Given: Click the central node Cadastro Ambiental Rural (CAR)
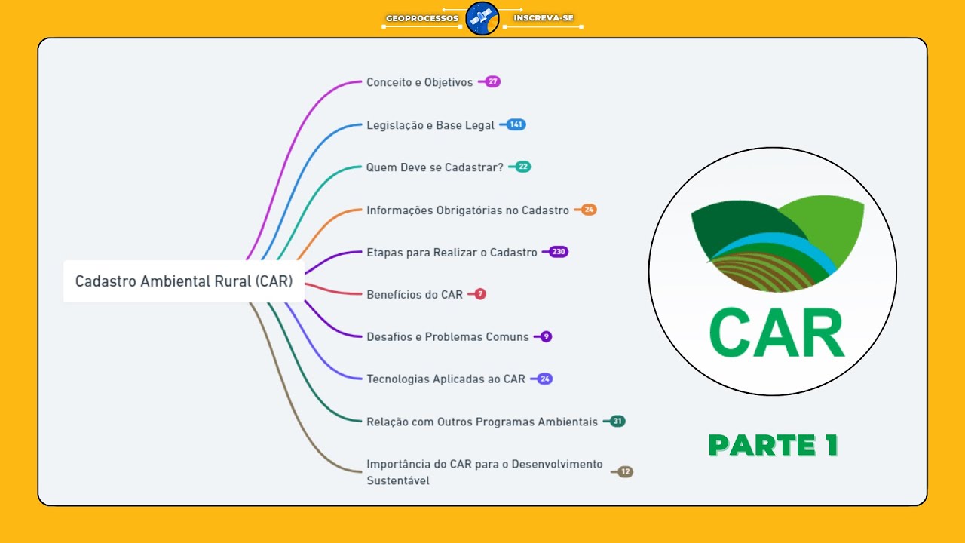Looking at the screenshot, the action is click(184, 281).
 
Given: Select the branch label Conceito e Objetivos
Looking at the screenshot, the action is click(420, 82).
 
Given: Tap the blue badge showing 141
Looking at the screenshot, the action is click(516, 124).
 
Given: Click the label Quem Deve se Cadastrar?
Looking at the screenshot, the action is click(435, 167).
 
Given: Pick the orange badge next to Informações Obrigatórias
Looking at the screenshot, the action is click(589, 210).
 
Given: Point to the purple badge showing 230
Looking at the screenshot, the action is click(559, 252).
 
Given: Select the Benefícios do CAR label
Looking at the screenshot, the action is click(415, 294).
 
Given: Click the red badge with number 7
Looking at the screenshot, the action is click(480, 294).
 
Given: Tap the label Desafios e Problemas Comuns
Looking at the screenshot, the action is click(448, 336).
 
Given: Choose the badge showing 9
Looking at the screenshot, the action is click(546, 336).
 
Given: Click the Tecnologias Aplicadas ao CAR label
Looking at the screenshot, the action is click(446, 379).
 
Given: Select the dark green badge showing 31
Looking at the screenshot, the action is click(617, 421).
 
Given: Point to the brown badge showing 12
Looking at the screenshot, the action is click(625, 471).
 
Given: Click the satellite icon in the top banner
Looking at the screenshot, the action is click(482, 18).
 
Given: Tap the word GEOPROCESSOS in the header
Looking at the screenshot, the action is click(422, 18).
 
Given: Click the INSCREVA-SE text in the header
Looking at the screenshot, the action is click(544, 17).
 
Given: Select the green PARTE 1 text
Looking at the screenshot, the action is click(774, 445).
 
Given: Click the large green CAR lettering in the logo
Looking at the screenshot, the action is click(777, 333).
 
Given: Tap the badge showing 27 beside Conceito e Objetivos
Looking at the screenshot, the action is click(492, 81).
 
